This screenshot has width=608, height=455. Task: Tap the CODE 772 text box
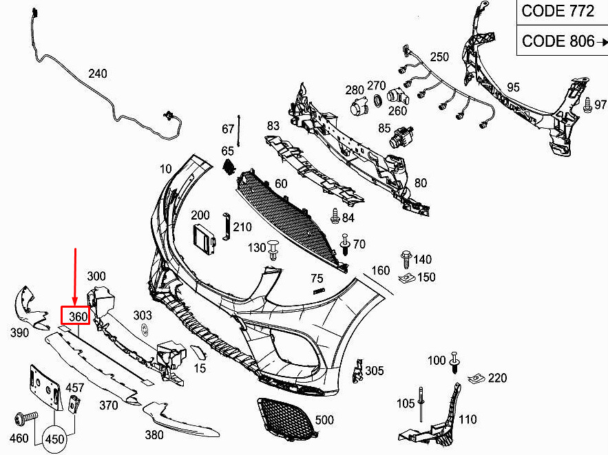pyautogui.click(x=557, y=12)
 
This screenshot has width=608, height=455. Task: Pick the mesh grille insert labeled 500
pyautogui.click(x=286, y=416)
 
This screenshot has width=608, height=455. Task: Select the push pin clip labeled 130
pyautogui.click(x=274, y=249)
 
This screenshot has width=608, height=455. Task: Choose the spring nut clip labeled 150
pyautogui.click(x=407, y=278)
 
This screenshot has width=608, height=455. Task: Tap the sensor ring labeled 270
pyautogui.click(x=377, y=102)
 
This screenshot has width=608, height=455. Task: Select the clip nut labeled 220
pyautogui.click(x=474, y=378)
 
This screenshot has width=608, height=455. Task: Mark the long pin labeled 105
pyautogui.click(x=420, y=408)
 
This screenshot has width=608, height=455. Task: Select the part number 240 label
pyautogui.click(x=98, y=74)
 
